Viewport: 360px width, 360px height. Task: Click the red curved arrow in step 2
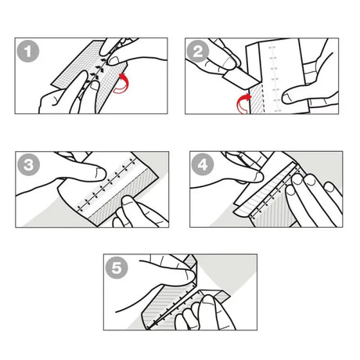pyautogui.click(x=245, y=100)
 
